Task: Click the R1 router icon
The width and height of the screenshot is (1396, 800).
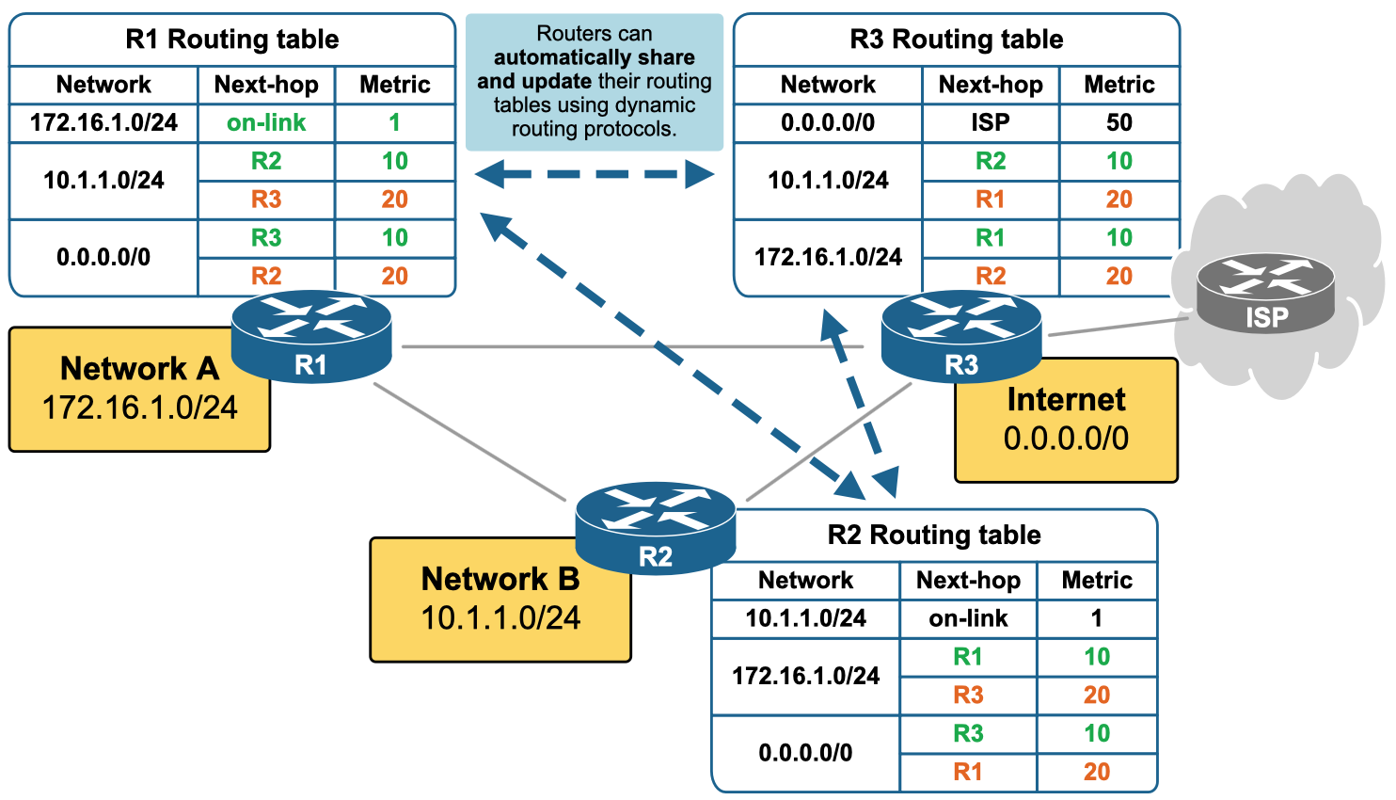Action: [311, 336]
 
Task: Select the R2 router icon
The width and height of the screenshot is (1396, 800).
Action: [656, 527]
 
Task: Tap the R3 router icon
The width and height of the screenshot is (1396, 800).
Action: [961, 337]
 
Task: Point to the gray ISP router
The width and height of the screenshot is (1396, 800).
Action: [1265, 293]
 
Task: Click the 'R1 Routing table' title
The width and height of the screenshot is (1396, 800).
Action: [231, 40]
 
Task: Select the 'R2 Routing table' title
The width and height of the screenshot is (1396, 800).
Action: [934, 535]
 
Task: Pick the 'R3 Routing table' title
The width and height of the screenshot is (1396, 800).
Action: [957, 40]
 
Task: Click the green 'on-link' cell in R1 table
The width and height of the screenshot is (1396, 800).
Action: [266, 122]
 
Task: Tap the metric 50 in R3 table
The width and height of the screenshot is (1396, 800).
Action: [1119, 122]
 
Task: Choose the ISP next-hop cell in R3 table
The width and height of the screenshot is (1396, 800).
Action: [991, 122]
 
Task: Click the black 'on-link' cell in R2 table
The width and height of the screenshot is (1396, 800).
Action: [968, 618]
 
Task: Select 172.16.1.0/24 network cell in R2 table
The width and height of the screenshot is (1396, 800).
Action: [806, 676]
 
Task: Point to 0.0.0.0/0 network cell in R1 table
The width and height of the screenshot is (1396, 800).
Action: [103, 257]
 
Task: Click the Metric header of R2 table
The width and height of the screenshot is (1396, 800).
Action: [1097, 580]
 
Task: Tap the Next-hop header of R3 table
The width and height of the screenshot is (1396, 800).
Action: [991, 85]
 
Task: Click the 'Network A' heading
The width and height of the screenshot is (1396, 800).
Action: [139, 368]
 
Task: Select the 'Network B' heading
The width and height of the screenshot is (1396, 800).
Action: [500, 578]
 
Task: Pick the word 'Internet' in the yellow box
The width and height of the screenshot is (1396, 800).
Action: [1066, 399]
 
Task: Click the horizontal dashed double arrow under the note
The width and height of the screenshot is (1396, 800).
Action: [595, 174]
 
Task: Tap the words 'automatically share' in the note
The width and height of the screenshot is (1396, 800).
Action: [595, 57]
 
